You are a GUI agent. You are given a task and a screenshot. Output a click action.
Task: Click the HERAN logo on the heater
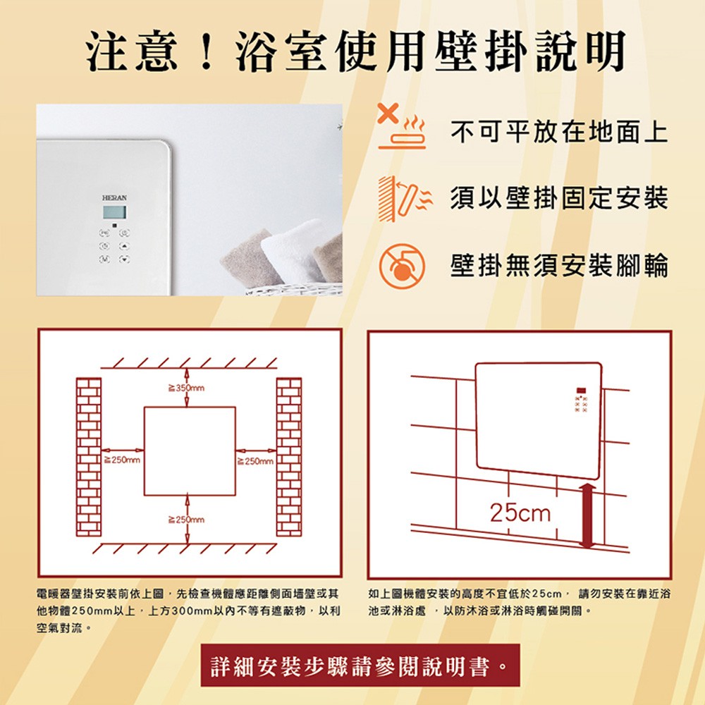114,198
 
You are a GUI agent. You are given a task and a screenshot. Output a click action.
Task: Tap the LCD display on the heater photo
114,212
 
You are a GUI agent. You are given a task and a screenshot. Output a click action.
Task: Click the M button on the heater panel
104,259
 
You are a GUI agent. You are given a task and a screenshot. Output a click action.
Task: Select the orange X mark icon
388,114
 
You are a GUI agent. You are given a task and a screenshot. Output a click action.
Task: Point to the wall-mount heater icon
405,199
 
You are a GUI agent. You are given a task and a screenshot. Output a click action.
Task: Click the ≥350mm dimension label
186,388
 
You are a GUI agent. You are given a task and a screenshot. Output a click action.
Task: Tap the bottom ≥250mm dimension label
186,520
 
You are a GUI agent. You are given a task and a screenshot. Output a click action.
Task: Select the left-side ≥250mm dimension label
122,460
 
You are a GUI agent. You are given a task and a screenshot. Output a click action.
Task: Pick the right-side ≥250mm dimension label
255,461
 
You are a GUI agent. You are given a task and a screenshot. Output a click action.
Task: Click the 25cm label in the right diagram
520,513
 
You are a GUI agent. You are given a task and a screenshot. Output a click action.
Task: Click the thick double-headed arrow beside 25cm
587,516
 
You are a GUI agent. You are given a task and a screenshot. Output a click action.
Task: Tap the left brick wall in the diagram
89,457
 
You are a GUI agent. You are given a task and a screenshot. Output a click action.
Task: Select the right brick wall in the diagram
288,457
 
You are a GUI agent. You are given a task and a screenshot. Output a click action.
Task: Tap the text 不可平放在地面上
559,132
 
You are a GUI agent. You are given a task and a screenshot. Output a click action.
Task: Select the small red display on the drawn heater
581,391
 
